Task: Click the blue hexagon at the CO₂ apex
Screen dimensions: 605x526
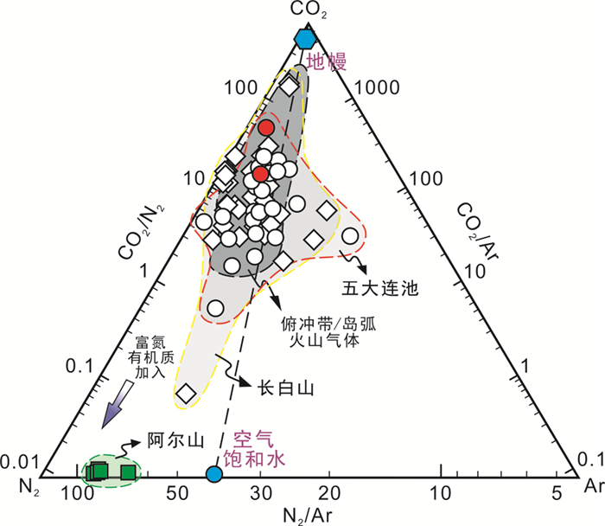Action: click(303, 39)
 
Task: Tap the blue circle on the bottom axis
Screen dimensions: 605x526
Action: click(213, 473)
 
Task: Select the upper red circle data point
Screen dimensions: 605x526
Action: click(267, 127)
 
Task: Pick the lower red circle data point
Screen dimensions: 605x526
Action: click(261, 174)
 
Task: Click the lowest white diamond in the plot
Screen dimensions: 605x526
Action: click(186, 394)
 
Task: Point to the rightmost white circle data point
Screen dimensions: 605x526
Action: click(350, 235)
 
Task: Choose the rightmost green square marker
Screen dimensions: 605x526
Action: click(129, 471)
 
